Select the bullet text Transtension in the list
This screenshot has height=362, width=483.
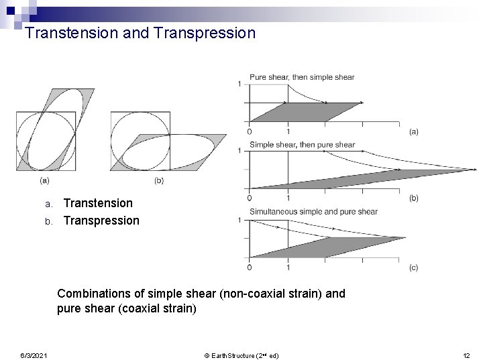click(x=98, y=202)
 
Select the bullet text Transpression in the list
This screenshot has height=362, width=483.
click(x=101, y=221)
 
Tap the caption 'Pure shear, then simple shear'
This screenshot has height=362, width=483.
click(x=302, y=77)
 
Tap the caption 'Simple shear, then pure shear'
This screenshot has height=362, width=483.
click(x=302, y=144)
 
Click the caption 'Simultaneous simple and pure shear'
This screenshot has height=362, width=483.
click(x=313, y=212)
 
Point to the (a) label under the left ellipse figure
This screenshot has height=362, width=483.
click(x=44, y=180)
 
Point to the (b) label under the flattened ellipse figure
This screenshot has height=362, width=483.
click(x=158, y=180)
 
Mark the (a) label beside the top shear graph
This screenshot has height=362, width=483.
click(x=413, y=132)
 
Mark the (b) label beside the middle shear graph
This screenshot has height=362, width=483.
click(x=413, y=198)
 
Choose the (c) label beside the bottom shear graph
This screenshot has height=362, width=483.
click(x=413, y=267)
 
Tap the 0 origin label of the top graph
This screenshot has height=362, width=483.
click(x=250, y=131)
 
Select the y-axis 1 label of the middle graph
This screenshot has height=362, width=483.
click(x=239, y=151)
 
